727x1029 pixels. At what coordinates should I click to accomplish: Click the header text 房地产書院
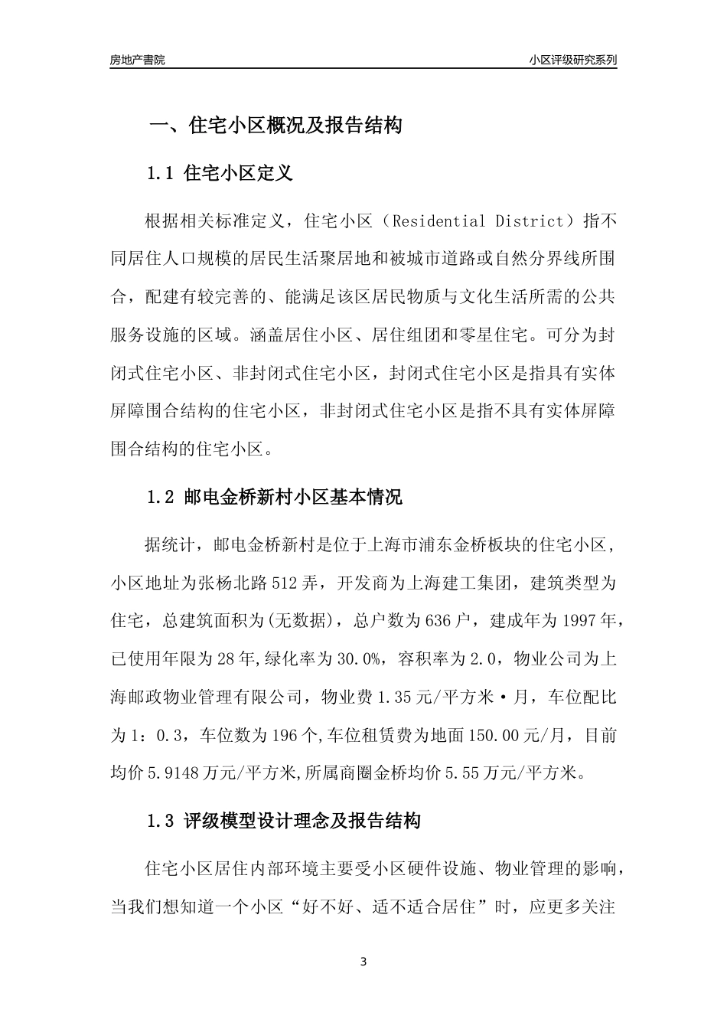click(137, 60)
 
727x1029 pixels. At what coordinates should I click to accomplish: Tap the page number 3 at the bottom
click(363, 962)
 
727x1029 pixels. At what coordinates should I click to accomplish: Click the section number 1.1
click(161, 174)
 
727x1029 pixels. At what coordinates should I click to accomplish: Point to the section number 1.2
click(161, 497)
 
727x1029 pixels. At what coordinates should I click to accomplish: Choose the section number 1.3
click(161, 822)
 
